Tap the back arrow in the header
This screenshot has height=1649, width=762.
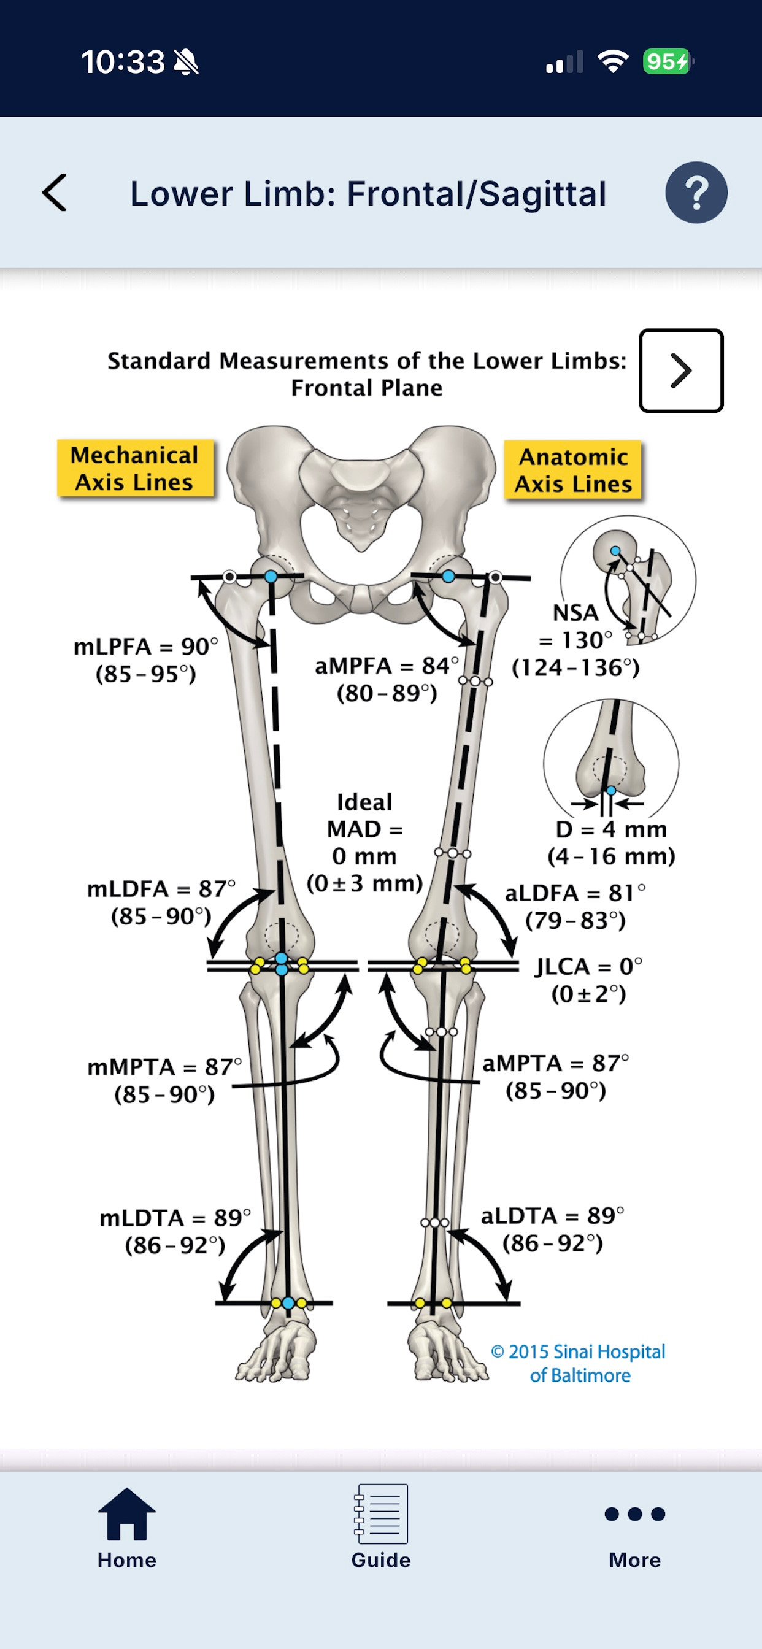55,192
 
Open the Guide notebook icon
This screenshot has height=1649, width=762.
381,1513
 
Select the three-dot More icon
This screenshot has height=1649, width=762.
634,1514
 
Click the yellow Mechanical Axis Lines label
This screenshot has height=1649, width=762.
135,468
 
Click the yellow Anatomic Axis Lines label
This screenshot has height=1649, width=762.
573,470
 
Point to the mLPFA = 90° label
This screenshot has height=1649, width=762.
146,647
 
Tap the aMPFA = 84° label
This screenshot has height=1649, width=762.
387,666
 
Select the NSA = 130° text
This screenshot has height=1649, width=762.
575,626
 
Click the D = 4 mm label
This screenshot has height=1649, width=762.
612,829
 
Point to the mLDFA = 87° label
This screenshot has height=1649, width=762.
161,888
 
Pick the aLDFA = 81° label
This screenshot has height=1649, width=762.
575,893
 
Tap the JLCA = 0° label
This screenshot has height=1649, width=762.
588,966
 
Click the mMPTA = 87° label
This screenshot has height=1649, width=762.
164,1066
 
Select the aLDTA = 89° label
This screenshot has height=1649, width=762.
553,1215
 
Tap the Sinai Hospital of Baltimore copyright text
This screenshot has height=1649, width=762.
578,1363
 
